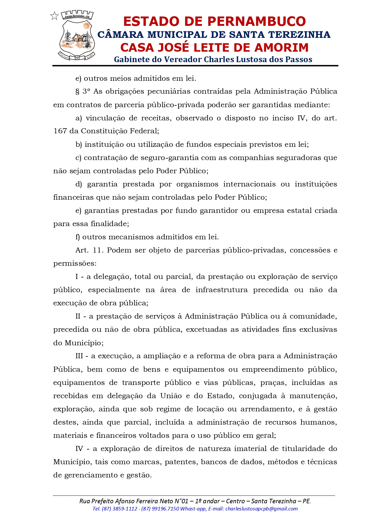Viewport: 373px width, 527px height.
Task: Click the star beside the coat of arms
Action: pyautogui.click(x=54, y=16)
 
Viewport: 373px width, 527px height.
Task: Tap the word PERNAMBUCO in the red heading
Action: pyautogui.click(x=256, y=21)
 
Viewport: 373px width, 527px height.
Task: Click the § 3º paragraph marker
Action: pyautogui.click(x=83, y=92)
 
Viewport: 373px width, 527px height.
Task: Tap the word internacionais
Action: pyautogui.click(x=249, y=184)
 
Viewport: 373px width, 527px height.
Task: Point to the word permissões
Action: pyautogui.click(x=75, y=264)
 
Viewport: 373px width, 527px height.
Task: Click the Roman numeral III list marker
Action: pyautogui.click(x=79, y=356)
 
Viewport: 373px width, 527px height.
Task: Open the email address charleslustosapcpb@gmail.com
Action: pyautogui.click(x=261, y=509)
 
